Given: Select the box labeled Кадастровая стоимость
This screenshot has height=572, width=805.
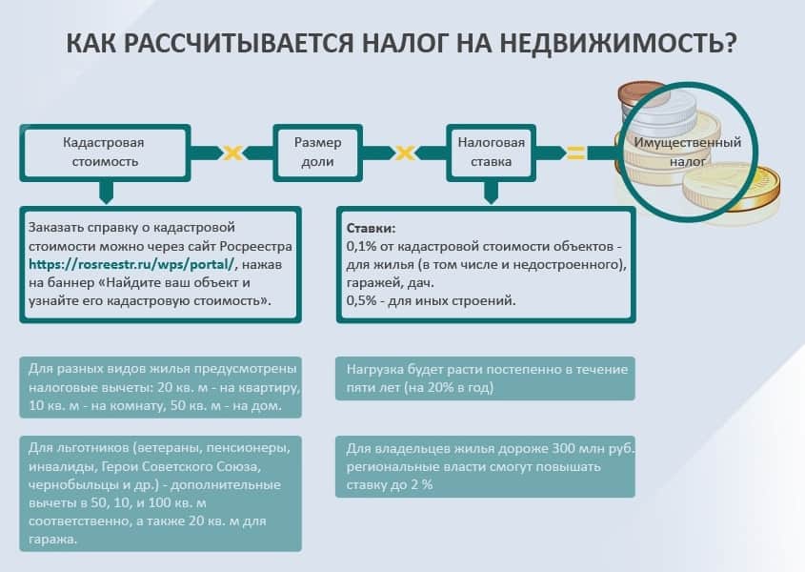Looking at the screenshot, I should pyautogui.click(x=103, y=152).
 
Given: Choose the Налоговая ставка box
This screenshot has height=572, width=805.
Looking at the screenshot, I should pyautogui.click(x=491, y=152).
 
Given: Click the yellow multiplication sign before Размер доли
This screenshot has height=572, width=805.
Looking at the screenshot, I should pyautogui.click(x=231, y=152).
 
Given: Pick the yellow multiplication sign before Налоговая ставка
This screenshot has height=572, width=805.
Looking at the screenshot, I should pyautogui.click(x=404, y=152).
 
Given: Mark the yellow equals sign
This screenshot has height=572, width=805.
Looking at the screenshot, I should pyautogui.click(x=575, y=152).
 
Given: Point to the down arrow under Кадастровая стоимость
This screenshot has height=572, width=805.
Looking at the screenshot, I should pyautogui.click(x=103, y=194).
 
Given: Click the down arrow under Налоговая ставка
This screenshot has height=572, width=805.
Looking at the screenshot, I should pyautogui.click(x=491, y=194).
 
